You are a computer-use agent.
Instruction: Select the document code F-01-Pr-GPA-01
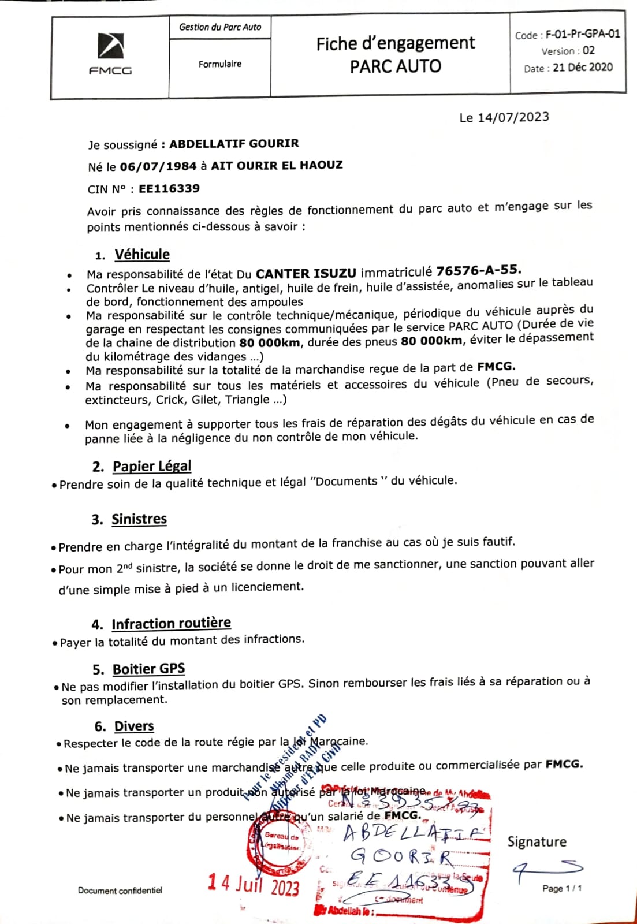point(583,34)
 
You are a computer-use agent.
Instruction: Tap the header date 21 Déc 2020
point(582,68)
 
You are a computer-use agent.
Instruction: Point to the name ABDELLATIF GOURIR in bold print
point(234,143)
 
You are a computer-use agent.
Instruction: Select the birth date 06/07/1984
point(158,166)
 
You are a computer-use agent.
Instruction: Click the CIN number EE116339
point(169,188)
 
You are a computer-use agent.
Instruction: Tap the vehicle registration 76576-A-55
point(479,270)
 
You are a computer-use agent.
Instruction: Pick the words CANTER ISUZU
point(306,273)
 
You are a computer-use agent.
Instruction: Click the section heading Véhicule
point(142,255)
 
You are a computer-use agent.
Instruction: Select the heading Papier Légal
point(152,466)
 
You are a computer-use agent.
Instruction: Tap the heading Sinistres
point(139,519)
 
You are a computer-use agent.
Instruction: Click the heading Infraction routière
point(171,624)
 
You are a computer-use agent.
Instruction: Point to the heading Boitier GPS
point(148,669)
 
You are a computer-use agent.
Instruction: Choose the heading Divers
point(134,726)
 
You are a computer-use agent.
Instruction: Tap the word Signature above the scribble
point(537,841)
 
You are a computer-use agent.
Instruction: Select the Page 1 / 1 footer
point(561,888)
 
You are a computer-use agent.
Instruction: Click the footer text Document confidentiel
point(120,891)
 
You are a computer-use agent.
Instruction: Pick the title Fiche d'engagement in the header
point(396,43)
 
